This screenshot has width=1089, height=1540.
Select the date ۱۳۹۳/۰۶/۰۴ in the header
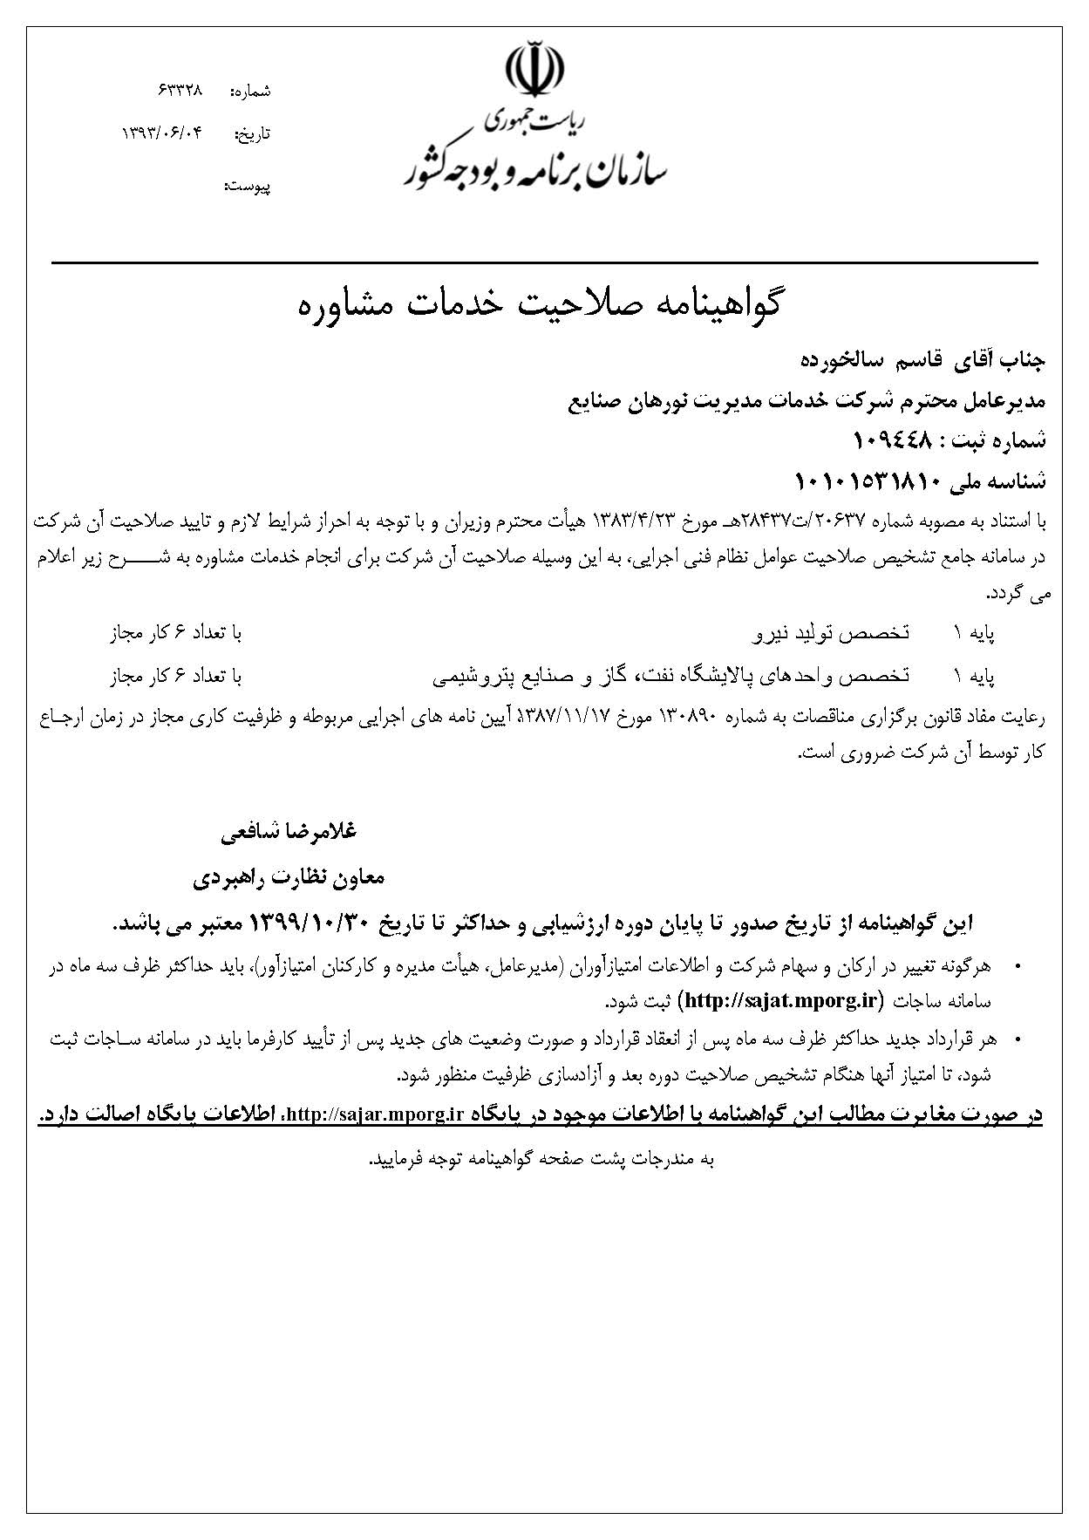161,133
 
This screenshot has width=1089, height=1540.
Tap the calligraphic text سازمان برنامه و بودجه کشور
534,168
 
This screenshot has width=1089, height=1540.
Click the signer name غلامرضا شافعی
289,832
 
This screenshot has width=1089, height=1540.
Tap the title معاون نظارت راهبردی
289,876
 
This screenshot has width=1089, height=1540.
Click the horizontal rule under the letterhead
544,262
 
